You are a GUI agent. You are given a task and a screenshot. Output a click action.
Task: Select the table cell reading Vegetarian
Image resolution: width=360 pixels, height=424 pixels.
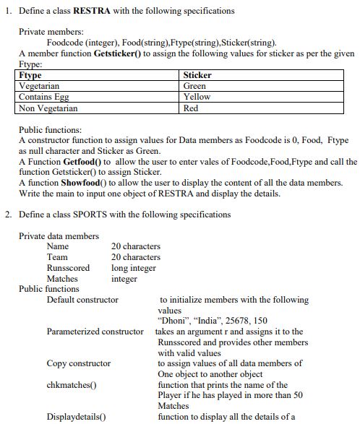point(39,86)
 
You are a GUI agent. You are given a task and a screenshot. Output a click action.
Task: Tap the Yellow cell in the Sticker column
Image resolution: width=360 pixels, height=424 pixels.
point(197,97)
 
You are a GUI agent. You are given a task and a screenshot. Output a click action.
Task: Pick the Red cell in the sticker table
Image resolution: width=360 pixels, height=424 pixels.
point(191,108)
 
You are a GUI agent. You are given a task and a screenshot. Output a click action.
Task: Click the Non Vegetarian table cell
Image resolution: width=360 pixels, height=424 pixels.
point(48,108)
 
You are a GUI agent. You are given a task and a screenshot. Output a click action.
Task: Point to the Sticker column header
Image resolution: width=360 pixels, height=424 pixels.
point(197,75)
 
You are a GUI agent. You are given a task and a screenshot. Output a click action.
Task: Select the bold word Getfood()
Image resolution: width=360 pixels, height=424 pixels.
point(82,162)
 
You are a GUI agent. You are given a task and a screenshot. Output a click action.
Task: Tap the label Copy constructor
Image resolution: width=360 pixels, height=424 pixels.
point(79,363)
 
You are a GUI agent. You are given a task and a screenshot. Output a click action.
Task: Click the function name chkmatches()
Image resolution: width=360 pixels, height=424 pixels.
point(72,385)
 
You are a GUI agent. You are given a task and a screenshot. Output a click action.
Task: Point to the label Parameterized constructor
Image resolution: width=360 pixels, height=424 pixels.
point(95,332)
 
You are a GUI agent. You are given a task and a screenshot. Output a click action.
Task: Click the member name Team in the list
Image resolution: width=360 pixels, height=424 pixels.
point(57,257)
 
